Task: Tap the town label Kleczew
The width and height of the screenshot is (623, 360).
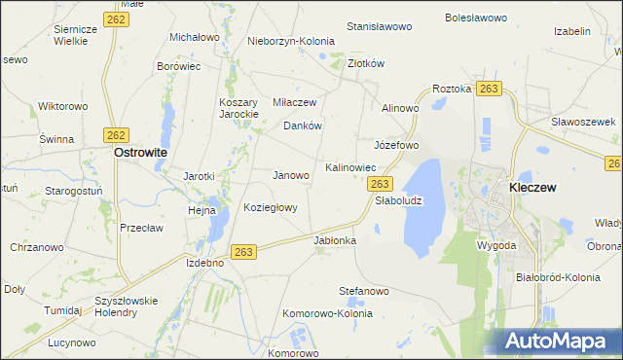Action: [x=532, y=187]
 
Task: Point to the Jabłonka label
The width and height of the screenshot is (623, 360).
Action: [x=335, y=239]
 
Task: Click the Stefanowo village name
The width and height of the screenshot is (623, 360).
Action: [x=364, y=290]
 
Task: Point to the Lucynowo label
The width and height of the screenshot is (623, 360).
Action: [x=70, y=343]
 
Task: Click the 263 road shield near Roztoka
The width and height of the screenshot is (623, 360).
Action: [x=489, y=89]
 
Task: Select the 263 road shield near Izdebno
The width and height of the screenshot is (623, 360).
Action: [x=244, y=251]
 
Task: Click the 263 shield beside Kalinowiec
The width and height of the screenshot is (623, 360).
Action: [x=381, y=184]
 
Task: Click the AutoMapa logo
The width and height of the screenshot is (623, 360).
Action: [x=557, y=342]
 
